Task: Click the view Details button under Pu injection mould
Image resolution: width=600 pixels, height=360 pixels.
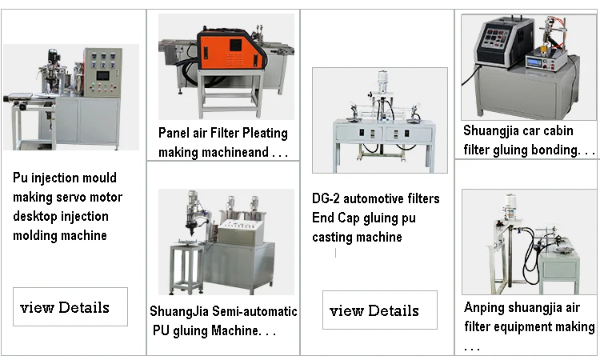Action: coord(70,307)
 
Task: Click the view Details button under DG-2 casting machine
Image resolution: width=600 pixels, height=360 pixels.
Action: coord(380,310)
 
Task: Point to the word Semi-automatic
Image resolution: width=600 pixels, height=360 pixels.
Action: coord(258,311)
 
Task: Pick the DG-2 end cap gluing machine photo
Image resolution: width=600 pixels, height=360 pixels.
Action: coord(379,120)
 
